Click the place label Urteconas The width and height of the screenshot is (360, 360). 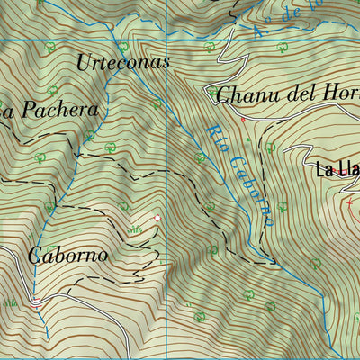(122, 63)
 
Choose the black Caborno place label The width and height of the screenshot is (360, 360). (67, 255)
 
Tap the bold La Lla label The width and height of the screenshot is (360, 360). (337, 168)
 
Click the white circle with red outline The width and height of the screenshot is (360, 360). (157, 218)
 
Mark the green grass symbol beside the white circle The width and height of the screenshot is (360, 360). (135, 230)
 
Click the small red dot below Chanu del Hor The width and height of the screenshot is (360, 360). (242, 118)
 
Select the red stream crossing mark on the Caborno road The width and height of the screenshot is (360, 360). (35, 303)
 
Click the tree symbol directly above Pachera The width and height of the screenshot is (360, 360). (52, 90)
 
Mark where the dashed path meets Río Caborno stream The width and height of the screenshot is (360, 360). (275, 262)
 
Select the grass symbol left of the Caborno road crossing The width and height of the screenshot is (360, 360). (11, 303)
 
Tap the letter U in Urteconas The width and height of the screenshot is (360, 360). (84, 63)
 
